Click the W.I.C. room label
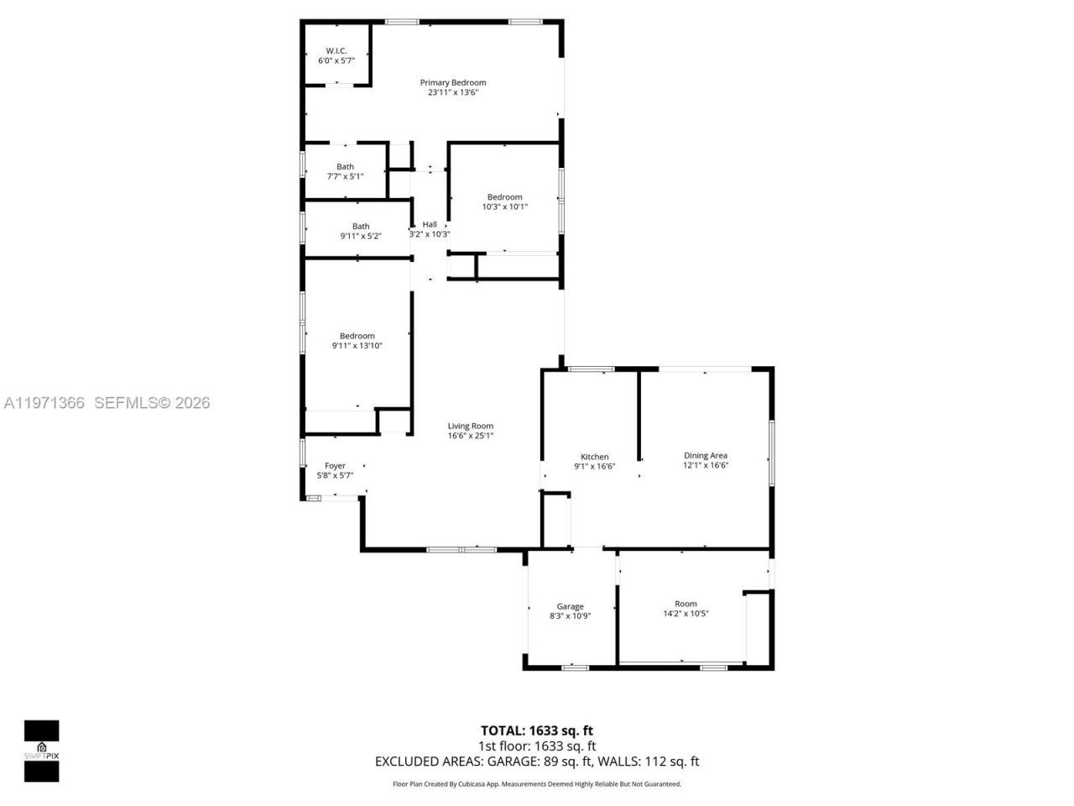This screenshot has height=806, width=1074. pyautogui.click(x=336, y=51)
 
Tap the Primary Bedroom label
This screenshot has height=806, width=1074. pyautogui.click(x=453, y=82)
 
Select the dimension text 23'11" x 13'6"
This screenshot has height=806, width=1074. pyautogui.click(x=453, y=93)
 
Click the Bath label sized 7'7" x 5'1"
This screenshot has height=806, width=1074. pyautogui.click(x=345, y=166)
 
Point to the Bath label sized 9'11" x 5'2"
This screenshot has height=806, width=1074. pyautogui.click(x=360, y=226)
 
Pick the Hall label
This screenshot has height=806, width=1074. pyautogui.click(x=430, y=224)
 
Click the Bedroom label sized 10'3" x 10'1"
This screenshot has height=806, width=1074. pyautogui.click(x=504, y=197)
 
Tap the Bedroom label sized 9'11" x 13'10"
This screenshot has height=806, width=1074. pyautogui.click(x=357, y=336)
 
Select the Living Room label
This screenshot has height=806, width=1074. pyautogui.click(x=470, y=426)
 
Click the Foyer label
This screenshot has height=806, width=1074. pyautogui.click(x=335, y=466)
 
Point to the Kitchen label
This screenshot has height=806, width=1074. pyautogui.click(x=595, y=457)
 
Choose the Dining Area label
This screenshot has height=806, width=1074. pyautogui.click(x=706, y=456)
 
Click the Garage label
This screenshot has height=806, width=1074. pyautogui.click(x=570, y=606)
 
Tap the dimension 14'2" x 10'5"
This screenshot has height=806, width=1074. pyautogui.click(x=686, y=614)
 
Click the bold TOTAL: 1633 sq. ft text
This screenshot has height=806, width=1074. pyautogui.click(x=537, y=730)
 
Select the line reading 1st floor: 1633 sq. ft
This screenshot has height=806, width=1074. pyautogui.click(x=537, y=746)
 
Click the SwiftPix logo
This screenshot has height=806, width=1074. pyautogui.click(x=41, y=751)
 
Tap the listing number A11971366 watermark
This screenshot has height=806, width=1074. pyautogui.click(x=44, y=403)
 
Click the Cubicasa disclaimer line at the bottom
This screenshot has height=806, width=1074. pyautogui.click(x=537, y=784)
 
